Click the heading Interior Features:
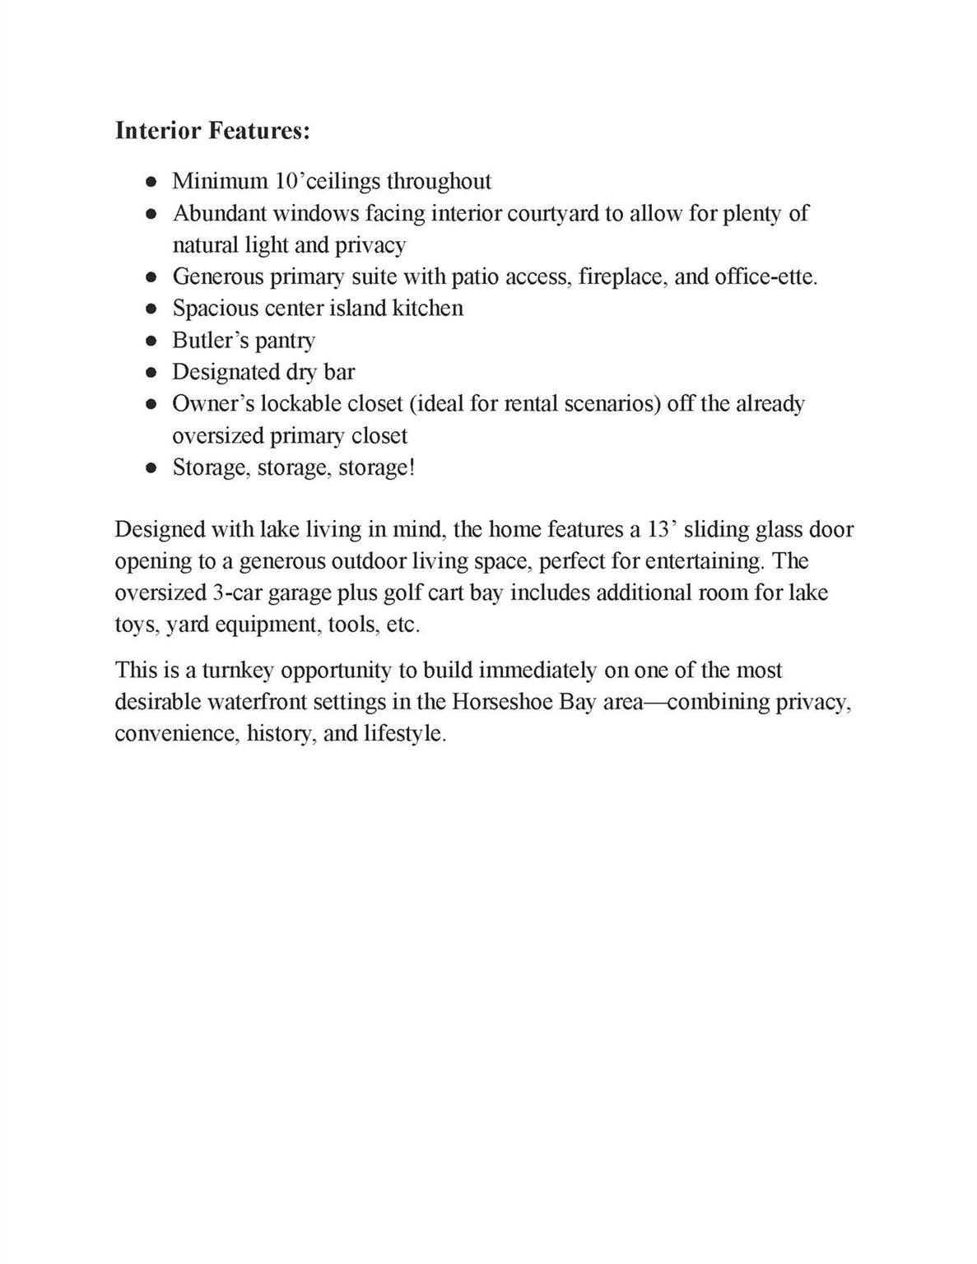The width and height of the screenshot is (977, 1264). (212, 131)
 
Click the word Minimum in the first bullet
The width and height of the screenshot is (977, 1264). (220, 181)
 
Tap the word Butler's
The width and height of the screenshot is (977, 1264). (207, 340)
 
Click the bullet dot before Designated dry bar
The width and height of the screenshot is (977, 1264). (151, 373)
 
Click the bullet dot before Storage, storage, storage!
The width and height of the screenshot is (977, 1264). (151, 468)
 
